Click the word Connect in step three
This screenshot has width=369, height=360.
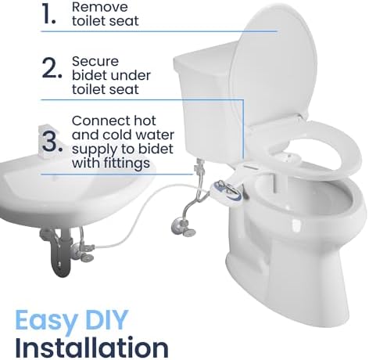point(99,121)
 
